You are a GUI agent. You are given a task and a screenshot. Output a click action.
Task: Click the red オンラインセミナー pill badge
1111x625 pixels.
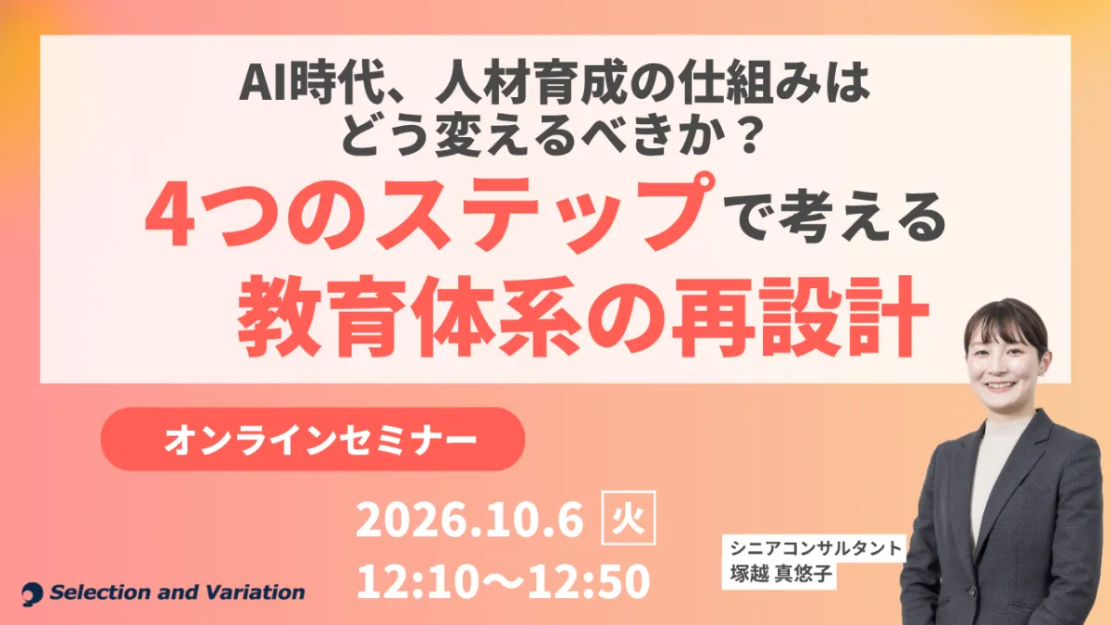tap(313, 439)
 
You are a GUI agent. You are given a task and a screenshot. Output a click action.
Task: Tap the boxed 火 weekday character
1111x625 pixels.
tap(628, 518)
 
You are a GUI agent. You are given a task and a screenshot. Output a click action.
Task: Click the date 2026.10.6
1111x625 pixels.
tap(469, 519)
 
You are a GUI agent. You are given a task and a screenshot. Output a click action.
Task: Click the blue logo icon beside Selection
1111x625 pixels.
tap(32, 594)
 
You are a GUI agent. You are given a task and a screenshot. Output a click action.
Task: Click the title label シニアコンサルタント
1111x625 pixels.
tap(815, 548)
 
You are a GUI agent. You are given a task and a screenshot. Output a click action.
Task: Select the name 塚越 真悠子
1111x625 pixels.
tap(780, 573)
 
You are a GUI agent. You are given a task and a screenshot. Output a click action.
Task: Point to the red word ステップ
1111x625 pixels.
tap(541, 212)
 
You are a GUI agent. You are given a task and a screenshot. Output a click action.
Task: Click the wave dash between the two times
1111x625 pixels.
tap(510, 581)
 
